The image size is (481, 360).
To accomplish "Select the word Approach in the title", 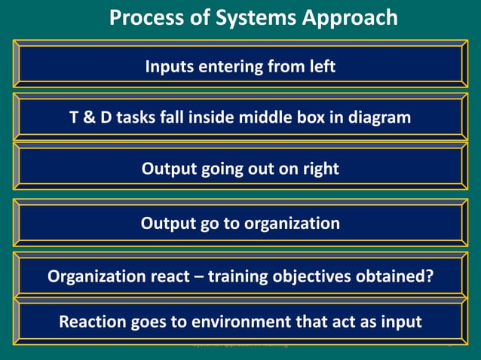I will pyautogui.click(x=353, y=17).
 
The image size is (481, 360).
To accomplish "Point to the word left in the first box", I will pyautogui.click(x=320, y=67).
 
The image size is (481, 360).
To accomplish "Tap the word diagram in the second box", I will pyautogui.click(x=381, y=117).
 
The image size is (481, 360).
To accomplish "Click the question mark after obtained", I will pyautogui.click(x=429, y=276).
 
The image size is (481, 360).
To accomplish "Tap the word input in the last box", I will pyautogui.click(x=400, y=322).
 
